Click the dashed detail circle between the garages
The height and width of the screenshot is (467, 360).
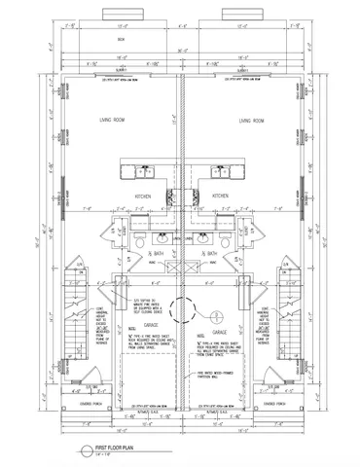click(179, 310)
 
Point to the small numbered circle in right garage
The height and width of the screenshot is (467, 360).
click(216, 313)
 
